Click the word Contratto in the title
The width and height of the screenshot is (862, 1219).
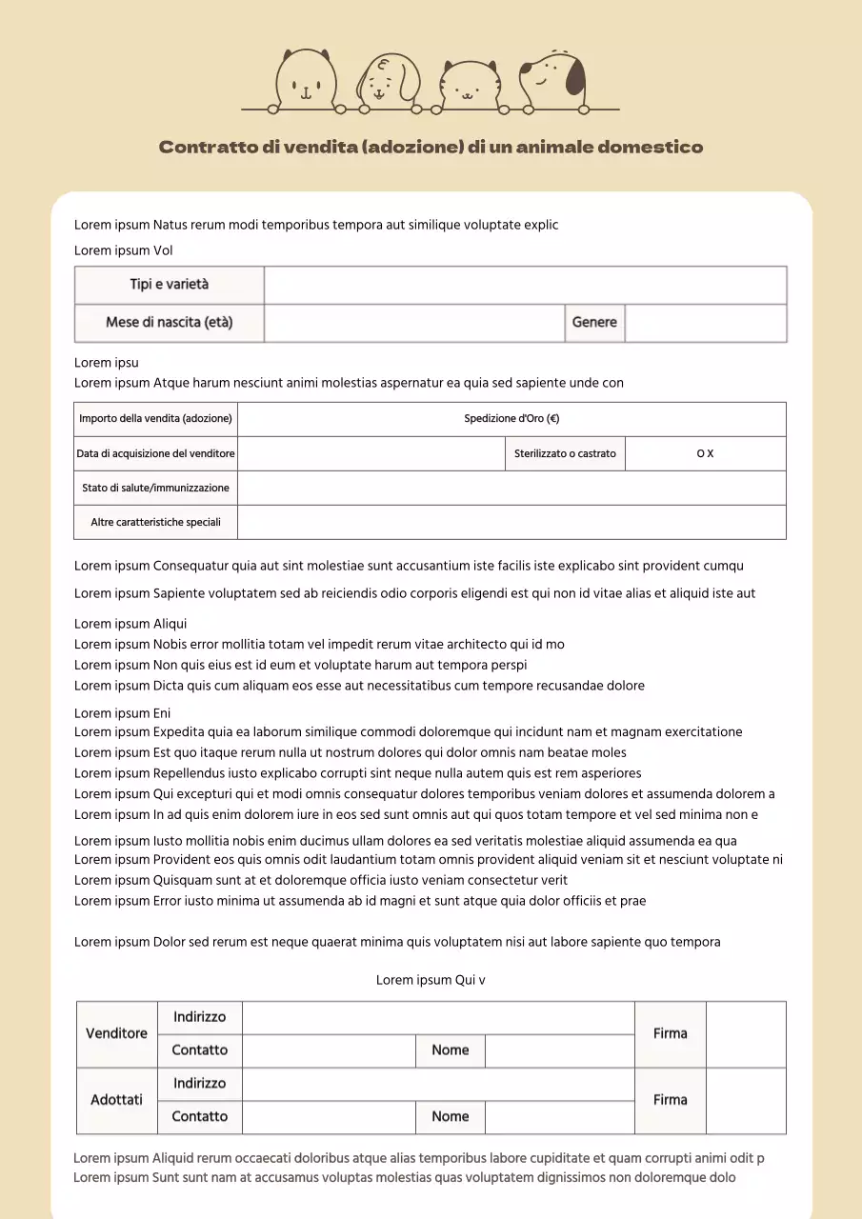[208, 147]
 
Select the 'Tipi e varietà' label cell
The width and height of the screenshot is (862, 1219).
[170, 285]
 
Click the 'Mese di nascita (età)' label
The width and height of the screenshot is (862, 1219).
[170, 323]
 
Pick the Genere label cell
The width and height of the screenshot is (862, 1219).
[594, 323]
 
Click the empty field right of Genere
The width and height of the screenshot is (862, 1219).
[706, 323]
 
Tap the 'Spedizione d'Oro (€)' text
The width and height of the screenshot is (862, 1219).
[511, 419]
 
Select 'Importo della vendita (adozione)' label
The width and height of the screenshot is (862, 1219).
[156, 419]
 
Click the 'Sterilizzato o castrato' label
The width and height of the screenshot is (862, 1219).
[565, 453]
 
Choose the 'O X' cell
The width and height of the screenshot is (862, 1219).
[705, 453]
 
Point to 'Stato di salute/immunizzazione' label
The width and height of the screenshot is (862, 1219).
[156, 488]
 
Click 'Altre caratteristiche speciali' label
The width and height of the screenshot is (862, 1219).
[156, 522]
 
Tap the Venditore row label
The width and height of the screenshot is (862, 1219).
[117, 1033]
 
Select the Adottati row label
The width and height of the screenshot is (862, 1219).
[117, 1100]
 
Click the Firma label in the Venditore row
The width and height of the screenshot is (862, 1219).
[671, 1033]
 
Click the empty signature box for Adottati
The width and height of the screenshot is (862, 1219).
[746, 1100]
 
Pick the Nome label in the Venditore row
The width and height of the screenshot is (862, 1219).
[451, 1050]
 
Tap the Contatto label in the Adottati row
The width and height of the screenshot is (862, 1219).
[200, 1116]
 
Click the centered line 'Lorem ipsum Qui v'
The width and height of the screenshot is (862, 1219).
[431, 980]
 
